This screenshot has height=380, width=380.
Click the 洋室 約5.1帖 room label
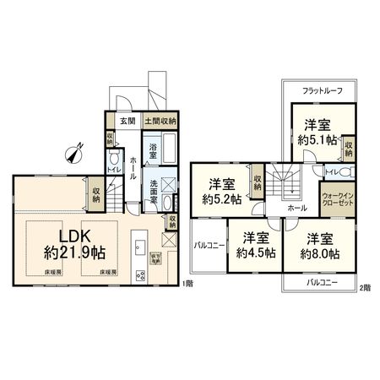click(x=318, y=133)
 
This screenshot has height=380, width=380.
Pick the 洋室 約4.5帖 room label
click(x=252, y=245)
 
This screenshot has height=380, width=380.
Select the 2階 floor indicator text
click(x=365, y=287)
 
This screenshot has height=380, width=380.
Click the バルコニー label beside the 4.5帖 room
click(x=208, y=246)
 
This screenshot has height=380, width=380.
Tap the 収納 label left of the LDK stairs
click(x=97, y=193)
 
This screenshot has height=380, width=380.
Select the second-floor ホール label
click(x=296, y=206)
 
